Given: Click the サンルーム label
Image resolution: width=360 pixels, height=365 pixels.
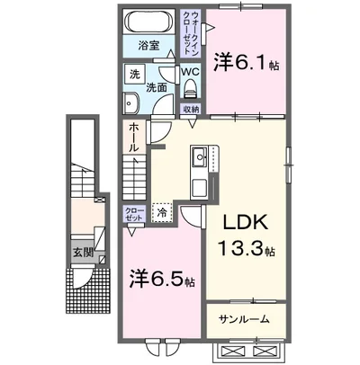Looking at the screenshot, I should point(245,318).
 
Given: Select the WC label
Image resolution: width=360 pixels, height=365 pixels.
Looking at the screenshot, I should point(190,71).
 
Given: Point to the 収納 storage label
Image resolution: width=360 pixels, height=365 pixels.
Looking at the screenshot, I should point(191,109).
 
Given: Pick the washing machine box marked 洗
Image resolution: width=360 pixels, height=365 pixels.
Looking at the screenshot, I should point(133,76).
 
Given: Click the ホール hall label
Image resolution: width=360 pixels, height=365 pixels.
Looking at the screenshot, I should point(133,136).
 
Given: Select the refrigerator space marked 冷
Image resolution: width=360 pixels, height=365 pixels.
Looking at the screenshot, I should point(161,213).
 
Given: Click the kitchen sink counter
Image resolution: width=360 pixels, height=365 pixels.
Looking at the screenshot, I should point(199,171).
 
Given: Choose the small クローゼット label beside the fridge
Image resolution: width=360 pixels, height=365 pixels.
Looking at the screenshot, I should point(133,214).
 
